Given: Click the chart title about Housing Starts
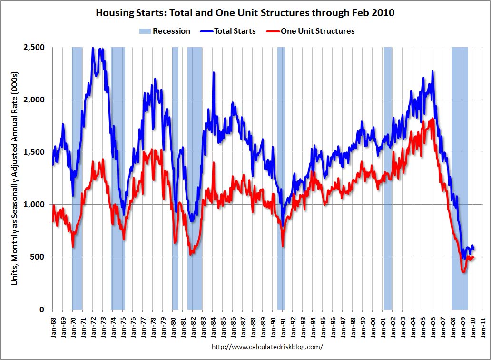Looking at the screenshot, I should click(x=245, y=13).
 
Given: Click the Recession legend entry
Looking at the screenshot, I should click(x=165, y=31).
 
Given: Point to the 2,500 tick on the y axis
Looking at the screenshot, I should click(x=35, y=47).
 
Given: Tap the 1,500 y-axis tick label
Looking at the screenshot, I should click(x=35, y=152).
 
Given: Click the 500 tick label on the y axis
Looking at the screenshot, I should click(x=38, y=257).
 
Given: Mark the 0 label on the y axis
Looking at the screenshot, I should click(x=42, y=310).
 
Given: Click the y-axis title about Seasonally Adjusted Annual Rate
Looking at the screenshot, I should click(x=15, y=179).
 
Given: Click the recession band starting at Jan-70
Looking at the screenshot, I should click(x=77, y=190).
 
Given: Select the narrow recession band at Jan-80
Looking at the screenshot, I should click(x=175, y=190).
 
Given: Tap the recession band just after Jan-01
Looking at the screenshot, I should click(x=387, y=190).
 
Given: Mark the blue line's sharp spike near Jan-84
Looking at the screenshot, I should click(x=213, y=73).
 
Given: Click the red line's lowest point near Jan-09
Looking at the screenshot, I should click(x=463, y=272).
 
